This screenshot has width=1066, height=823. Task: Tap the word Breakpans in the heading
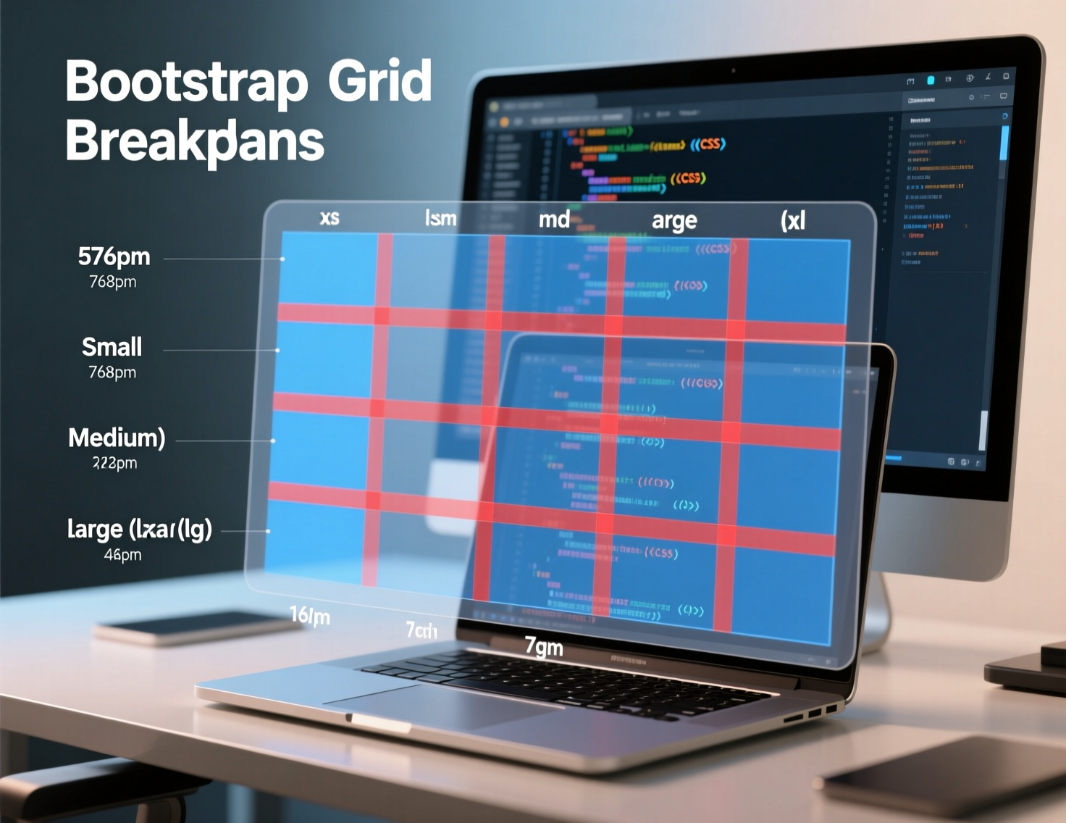point(195,141)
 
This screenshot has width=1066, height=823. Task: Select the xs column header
point(330,217)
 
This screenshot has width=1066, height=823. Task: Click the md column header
point(554,219)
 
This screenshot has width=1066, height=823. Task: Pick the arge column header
point(673,221)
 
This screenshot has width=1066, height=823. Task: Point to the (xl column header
point(793,220)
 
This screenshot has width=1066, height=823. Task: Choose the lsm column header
point(440,218)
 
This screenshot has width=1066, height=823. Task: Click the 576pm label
point(114,256)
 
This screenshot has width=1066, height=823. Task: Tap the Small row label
point(112,347)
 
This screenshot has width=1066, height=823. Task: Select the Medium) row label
point(117,438)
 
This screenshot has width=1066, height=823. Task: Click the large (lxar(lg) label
point(139,529)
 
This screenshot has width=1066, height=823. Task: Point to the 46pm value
point(122,555)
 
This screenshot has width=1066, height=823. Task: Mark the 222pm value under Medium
point(114,463)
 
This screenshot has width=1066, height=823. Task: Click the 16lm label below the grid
point(309,616)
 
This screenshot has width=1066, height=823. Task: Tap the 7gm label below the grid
point(544,646)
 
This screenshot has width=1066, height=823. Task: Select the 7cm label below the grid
point(421,630)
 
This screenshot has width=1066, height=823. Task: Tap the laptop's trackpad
point(442,707)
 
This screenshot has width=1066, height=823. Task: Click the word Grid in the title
point(379,82)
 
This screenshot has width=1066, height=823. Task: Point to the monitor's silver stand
point(880,616)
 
